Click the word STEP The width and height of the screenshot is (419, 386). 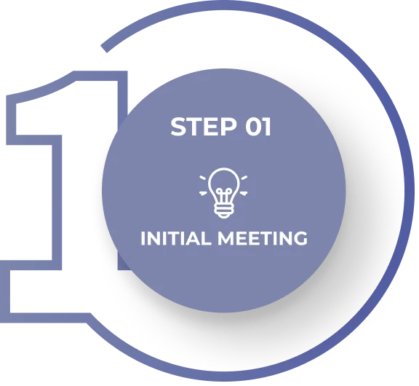(204, 127)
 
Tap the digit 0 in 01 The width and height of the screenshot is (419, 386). (254, 127)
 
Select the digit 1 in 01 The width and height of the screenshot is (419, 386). (268, 127)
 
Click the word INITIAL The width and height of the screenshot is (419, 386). (176, 238)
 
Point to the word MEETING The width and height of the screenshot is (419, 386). (263, 238)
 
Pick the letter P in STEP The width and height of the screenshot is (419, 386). (229, 127)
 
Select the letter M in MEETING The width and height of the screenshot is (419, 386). (226, 238)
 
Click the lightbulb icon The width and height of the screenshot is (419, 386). (223, 192)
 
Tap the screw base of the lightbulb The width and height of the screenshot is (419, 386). (223, 210)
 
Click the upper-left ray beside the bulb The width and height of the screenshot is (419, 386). (202, 178)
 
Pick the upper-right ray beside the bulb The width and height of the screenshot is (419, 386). (244, 178)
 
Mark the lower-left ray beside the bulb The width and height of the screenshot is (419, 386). (203, 193)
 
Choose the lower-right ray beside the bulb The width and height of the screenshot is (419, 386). (244, 193)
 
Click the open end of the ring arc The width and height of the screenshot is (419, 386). (104, 48)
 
